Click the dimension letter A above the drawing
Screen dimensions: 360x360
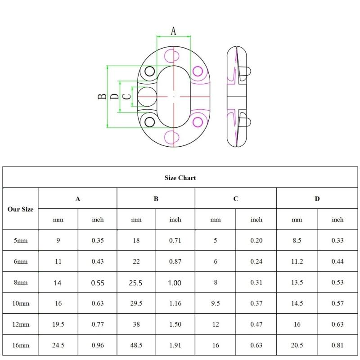173,31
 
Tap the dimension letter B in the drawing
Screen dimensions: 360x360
103,96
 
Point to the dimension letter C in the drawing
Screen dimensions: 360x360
127,96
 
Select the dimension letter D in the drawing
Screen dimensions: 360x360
115,96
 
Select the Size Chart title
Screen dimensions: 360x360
180,178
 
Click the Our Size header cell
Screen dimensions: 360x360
20,209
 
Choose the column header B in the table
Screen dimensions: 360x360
156,198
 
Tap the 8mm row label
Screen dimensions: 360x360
20,283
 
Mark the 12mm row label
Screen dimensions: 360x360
20,324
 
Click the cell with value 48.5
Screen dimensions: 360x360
136,346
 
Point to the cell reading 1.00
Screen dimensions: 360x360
175,283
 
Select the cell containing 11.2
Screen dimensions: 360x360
297,261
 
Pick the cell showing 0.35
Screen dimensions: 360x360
98,240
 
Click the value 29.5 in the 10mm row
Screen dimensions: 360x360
136,303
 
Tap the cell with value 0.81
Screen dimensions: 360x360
337,346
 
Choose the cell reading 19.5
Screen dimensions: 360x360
58,324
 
